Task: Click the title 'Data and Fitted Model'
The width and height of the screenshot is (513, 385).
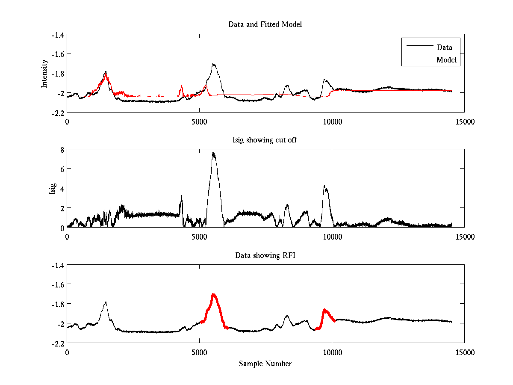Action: (x=265, y=24)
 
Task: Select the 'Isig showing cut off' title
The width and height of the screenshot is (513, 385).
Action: (x=265, y=140)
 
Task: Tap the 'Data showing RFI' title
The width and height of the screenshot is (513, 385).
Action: (x=265, y=255)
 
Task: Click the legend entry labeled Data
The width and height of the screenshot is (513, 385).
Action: (x=444, y=47)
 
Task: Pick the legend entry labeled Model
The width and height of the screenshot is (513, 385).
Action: (x=446, y=59)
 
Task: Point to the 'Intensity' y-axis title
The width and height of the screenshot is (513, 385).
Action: (x=44, y=74)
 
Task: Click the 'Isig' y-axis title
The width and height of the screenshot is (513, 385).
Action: (x=52, y=189)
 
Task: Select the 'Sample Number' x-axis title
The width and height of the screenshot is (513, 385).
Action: (x=265, y=364)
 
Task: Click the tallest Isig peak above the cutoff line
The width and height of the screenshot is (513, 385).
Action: (x=213, y=153)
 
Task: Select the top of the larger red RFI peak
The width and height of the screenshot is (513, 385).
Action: (x=213, y=294)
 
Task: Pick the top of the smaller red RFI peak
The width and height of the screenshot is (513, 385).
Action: (x=325, y=309)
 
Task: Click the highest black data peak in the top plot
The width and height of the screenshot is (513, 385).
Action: (x=213, y=64)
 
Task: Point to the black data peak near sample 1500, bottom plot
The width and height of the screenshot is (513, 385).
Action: (x=105, y=302)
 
